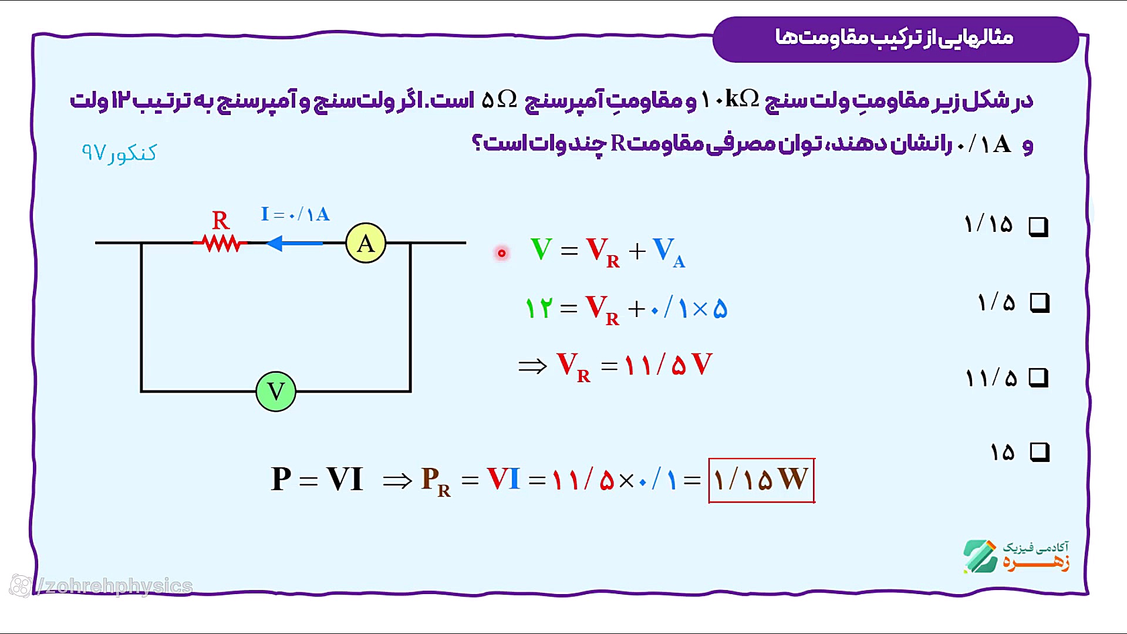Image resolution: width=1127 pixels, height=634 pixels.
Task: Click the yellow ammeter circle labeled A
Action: (366, 243)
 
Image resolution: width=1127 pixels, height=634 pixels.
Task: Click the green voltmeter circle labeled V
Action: (276, 392)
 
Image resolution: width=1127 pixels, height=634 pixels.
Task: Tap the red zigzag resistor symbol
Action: (221, 242)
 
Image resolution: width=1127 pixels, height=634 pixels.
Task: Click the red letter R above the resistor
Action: (221, 220)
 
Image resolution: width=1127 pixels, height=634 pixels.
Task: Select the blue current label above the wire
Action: (295, 214)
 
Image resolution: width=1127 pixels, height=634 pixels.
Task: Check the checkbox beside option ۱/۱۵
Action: (1038, 227)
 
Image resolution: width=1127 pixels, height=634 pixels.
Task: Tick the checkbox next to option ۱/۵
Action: (1040, 303)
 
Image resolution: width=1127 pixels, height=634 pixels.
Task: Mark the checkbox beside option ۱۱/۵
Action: (1038, 377)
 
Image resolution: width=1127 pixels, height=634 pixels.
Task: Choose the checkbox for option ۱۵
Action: (1040, 452)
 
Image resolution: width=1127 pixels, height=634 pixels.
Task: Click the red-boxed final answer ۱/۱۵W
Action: (761, 480)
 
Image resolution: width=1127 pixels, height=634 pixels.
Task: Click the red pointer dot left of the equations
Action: (502, 253)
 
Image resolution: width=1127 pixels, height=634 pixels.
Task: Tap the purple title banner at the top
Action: (896, 39)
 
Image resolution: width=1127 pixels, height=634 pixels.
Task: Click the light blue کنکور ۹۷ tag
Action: (119, 153)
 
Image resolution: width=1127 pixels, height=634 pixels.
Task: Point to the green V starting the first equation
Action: (541, 249)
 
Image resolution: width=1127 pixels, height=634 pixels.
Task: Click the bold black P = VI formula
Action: (317, 479)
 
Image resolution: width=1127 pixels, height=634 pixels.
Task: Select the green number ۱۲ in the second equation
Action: (539, 308)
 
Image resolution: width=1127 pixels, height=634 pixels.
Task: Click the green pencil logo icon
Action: (980, 556)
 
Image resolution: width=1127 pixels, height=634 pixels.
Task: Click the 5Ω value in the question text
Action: (500, 100)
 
